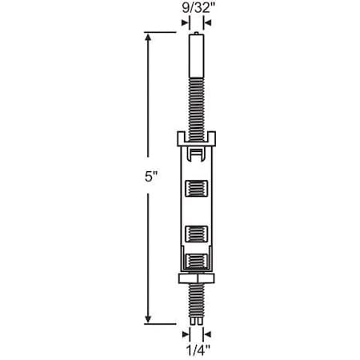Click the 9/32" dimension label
pos(197,8)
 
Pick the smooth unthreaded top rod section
pos(197,56)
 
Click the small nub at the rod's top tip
pos(197,34)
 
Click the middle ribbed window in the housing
pos(197,234)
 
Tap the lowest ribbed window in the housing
pos(197,262)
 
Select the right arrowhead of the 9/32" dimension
pos(207,22)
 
